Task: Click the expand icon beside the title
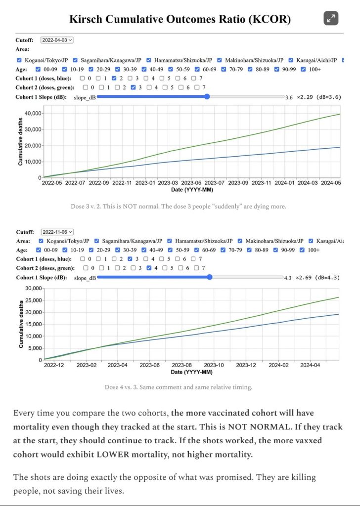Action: tap(331, 18)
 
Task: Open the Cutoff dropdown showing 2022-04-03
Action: tap(57, 40)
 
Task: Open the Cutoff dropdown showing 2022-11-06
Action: tap(57, 231)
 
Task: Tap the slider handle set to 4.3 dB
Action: tap(210, 277)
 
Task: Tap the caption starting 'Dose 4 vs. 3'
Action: tap(179, 387)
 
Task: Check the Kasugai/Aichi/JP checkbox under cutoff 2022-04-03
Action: tap(291, 60)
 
